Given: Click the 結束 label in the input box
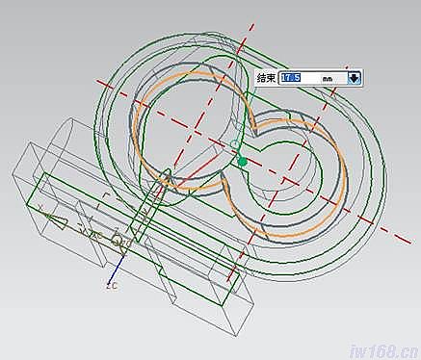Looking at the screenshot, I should coord(266,78).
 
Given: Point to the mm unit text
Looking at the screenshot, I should coord(328,78).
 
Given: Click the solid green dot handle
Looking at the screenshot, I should coord(243,162).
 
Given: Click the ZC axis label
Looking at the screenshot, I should coord(112,286).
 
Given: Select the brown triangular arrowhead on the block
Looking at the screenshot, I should coord(56,222).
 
